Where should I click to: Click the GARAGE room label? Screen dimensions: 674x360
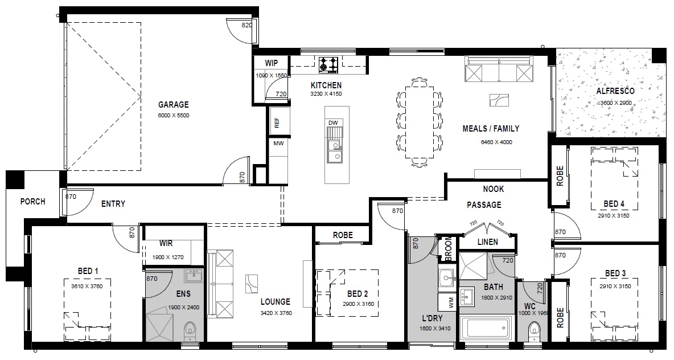tap(173, 104)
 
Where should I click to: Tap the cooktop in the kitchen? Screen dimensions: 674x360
tap(328, 64)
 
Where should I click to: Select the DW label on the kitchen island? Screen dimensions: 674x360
tap(333, 122)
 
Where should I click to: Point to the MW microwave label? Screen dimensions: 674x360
tap(278, 143)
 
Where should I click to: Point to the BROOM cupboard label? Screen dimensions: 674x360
tap(449, 249)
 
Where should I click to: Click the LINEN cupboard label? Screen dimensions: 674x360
tap(488, 242)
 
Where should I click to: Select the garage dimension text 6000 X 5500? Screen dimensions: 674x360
tap(174, 115)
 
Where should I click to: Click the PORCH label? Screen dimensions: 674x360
tap(32, 201)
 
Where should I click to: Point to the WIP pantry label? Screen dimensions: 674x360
tap(271, 63)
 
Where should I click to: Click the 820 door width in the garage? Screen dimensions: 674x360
tap(246, 26)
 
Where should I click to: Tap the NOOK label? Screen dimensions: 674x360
tap(493, 189)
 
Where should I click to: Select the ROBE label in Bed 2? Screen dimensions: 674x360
tap(343, 235)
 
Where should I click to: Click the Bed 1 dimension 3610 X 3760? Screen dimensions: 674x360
tap(87, 286)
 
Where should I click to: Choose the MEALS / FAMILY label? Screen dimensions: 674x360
tap(491, 129)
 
